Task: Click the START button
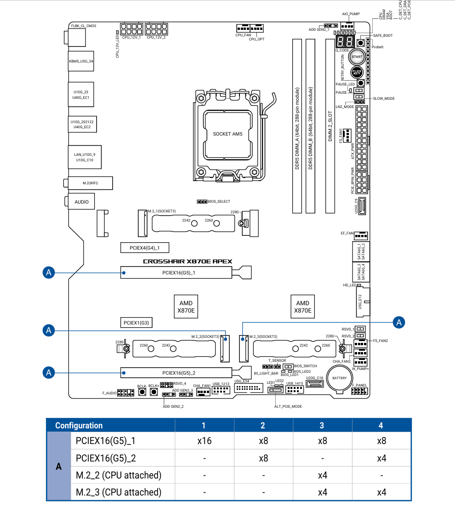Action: click(357, 57)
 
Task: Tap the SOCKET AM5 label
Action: click(227, 134)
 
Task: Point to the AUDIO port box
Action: click(82, 201)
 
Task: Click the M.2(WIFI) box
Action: click(90, 182)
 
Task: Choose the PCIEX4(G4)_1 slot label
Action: click(144, 248)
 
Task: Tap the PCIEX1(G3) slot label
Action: click(136, 323)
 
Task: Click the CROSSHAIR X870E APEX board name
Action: click(188, 262)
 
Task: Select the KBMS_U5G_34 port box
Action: click(81, 61)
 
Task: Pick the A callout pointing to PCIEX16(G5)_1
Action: click(49, 273)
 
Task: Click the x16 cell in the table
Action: click(204, 441)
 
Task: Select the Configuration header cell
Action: click(79, 425)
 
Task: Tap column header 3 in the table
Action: click(322, 425)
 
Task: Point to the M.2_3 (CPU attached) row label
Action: click(119, 492)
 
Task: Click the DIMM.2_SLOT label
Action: click(330, 126)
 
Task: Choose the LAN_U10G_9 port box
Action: click(85, 157)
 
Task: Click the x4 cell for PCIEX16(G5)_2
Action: click(381, 458)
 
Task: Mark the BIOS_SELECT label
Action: click(219, 202)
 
